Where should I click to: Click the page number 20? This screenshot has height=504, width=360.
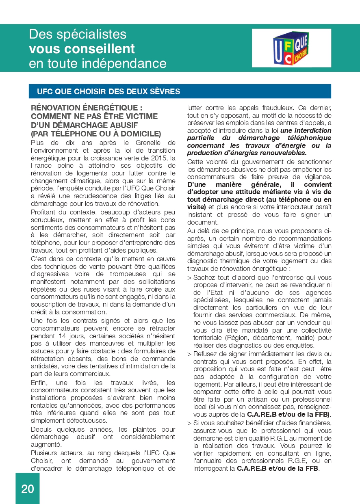pyautogui.click(x=28, y=489)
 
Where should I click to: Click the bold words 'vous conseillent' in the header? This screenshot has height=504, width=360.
pyautogui.click(x=82, y=49)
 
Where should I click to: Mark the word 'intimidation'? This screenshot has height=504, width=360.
pyautogui.click(x=141, y=366)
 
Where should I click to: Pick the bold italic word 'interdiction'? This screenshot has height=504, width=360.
pyautogui.click(x=312, y=131)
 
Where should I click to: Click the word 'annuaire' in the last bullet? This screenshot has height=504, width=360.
pyautogui.click(x=211, y=461)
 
